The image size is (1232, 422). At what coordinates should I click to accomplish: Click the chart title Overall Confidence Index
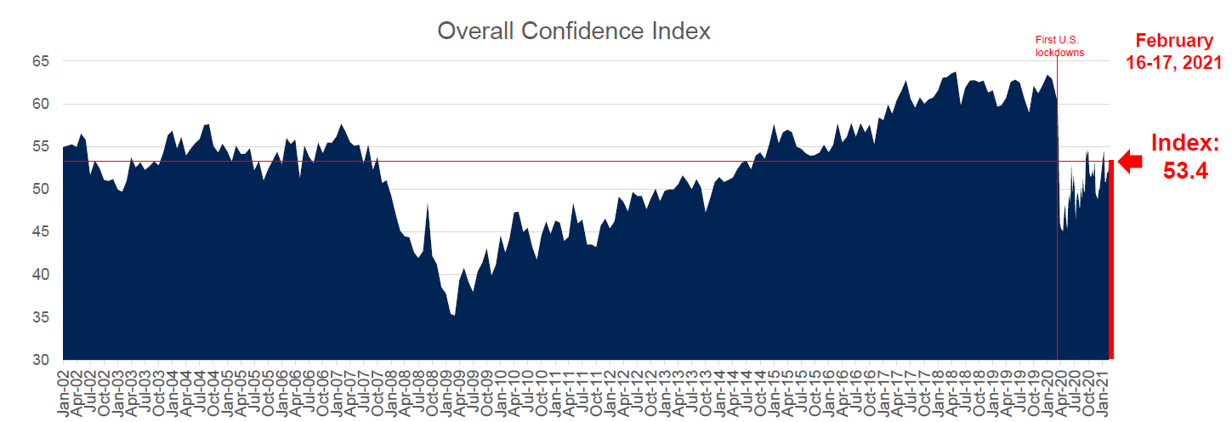pyautogui.click(x=573, y=31)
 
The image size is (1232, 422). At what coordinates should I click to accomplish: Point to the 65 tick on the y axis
pyautogui.click(x=42, y=61)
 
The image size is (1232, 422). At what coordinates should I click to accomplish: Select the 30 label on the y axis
pyautogui.click(x=42, y=360)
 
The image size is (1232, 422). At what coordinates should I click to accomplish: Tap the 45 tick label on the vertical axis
pyautogui.click(x=42, y=231)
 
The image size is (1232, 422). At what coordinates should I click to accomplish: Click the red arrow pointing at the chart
pyautogui.click(x=1131, y=161)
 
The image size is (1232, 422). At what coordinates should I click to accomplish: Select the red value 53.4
pyautogui.click(x=1185, y=172)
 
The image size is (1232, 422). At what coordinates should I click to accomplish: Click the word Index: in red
pyautogui.click(x=1185, y=143)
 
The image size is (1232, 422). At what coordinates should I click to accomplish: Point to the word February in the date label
pyautogui.click(x=1174, y=41)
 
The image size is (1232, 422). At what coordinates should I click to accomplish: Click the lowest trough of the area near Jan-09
pyautogui.click(x=455, y=316)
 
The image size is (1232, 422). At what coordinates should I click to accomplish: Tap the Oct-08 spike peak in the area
pyautogui.click(x=428, y=204)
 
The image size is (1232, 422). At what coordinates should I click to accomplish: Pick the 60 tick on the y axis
pyautogui.click(x=42, y=104)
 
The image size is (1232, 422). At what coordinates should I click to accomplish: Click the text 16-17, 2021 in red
pyautogui.click(x=1174, y=64)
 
